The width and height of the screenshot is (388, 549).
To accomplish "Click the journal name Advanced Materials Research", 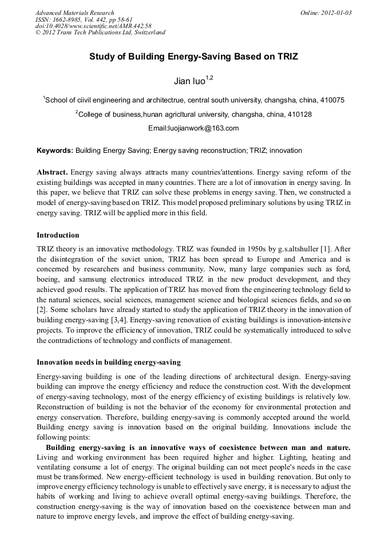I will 74,13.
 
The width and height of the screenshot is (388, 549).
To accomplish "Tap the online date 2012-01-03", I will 336,13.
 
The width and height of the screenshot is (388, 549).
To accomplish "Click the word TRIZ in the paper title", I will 286,57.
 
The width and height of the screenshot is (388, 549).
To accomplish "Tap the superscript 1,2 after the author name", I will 209,78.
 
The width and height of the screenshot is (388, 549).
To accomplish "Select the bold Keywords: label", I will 55,151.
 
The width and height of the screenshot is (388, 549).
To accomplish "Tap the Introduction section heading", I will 58,235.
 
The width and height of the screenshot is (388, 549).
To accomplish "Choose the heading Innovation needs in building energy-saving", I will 108,362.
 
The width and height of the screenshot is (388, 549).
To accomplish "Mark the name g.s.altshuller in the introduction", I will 292,250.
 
